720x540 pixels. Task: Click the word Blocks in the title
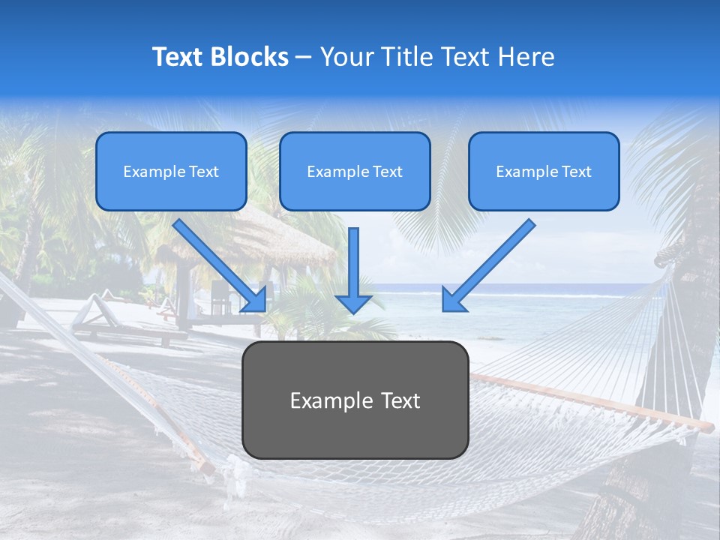pos(250,57)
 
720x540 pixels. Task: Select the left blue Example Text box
pos(171,172)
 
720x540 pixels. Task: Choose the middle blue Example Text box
pos(355,172)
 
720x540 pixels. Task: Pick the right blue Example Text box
pos(544,172)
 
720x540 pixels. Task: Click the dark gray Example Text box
pos(355,400)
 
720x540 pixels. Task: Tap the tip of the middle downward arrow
pos(353,310)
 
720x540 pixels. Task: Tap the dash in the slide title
pos(304,57)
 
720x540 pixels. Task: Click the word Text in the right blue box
pos(577,172)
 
